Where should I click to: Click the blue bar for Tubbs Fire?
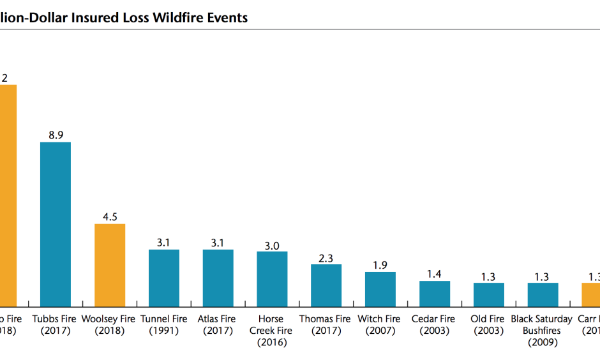click(x=56, y=224)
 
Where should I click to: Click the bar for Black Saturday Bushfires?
click(x=543, y=294)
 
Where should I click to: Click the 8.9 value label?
click(x=56, y=135)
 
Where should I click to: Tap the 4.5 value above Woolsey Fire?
click(x=110, y=216)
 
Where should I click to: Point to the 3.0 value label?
click(x=272, y=245)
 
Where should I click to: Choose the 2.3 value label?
click(x=326, y=257)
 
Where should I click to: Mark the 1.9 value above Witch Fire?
click(x=380, y=265)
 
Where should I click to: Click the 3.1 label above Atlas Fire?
click(x=218, y=243)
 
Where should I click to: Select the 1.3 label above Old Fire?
click(x=488, y=276)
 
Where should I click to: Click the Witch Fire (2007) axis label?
click(x=379, y=324)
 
